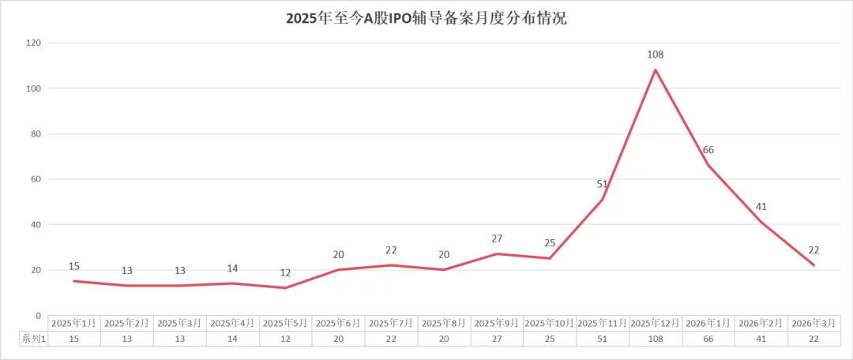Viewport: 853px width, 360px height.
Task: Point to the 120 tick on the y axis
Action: [32, 43]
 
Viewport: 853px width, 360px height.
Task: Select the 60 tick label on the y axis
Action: [35, 179]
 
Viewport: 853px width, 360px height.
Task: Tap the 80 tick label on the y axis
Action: [35, 133]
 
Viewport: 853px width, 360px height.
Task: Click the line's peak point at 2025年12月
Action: [656, 69]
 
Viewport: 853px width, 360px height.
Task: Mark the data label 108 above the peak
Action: [656, 54]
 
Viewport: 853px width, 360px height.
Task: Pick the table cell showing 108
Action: [656, 339]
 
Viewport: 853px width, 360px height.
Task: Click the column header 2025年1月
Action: [74, 323]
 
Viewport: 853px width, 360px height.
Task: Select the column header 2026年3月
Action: [814, 323]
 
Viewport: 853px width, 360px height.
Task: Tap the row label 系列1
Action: [33, 339]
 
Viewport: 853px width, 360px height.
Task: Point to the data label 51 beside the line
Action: [602, 185]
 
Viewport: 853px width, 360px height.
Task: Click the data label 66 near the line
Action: [708, 150]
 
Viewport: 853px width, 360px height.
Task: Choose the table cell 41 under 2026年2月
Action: [761, 339]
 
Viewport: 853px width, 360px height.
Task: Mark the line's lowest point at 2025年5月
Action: [285, 287]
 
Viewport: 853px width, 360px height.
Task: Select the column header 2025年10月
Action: [550, 323]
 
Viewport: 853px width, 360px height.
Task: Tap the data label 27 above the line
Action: [497, 238]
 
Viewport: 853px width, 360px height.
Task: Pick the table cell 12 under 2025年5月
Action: [285, 339]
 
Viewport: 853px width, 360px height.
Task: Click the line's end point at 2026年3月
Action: [814, 265]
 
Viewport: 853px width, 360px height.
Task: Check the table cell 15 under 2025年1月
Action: [74, 339]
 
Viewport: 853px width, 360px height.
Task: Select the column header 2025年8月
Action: [444, 323]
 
